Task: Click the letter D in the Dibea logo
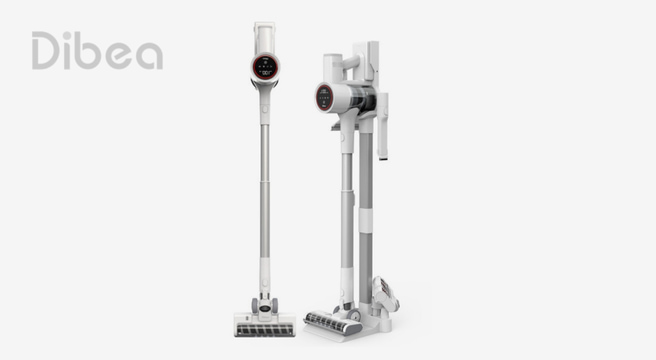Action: pyautogui.click(x=45, y=50)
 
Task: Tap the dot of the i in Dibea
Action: pyautogui.click(x=67, y=34)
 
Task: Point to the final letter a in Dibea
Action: pyautogui.click(x=149, y=55)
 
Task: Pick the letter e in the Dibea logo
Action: pyautogui.click(x=119, y=55)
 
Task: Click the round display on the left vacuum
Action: pyautogui.click(x=266, y=67)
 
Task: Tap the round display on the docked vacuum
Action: pyautogui.click(x=324, y=98)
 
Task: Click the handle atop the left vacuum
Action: pyautogui.click(x=264, y=37)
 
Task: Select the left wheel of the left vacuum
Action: pyautogui.click(x=254, y=305)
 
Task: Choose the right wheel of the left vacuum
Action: pyautogui.click(x=275, y=305)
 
